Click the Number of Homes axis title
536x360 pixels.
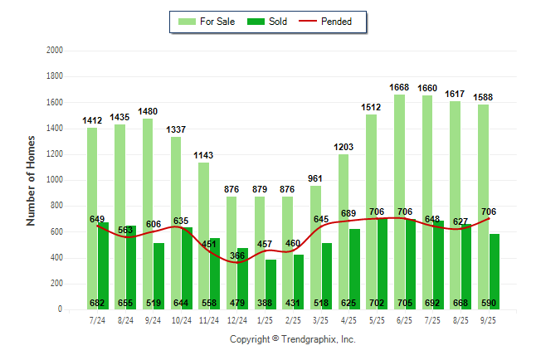coord(32,180)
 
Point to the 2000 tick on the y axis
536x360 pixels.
coord(55,51)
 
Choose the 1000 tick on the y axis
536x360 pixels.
coord(55,180)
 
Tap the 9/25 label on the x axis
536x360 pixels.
coord(489,320)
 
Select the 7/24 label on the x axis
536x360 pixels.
coord(97,320)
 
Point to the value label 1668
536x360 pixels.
coord(399,87)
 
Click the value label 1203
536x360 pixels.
coord(344,147)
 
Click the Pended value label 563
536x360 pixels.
coord(125,231)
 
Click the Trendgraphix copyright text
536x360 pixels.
coord(292,339)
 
